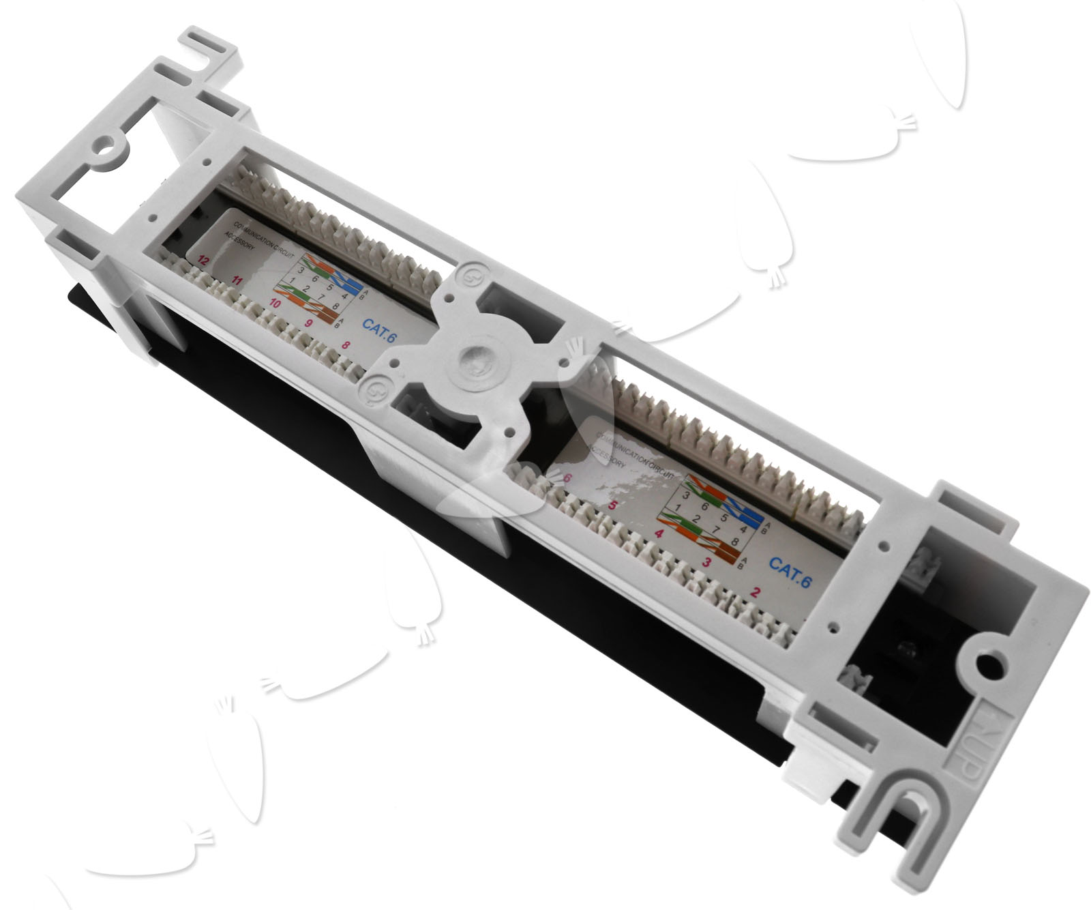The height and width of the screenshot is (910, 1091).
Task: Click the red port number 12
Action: coord(202,259)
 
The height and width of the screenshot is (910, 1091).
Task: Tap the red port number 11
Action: coord(237,280)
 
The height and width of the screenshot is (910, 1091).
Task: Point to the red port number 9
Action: coord(310,324)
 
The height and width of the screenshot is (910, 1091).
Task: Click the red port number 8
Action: coord(346,345)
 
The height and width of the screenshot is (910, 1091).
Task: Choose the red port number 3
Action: coord(706,562)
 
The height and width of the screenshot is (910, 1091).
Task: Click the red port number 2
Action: coord(755,591)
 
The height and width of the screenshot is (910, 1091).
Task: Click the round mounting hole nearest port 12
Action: coord(105,145)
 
